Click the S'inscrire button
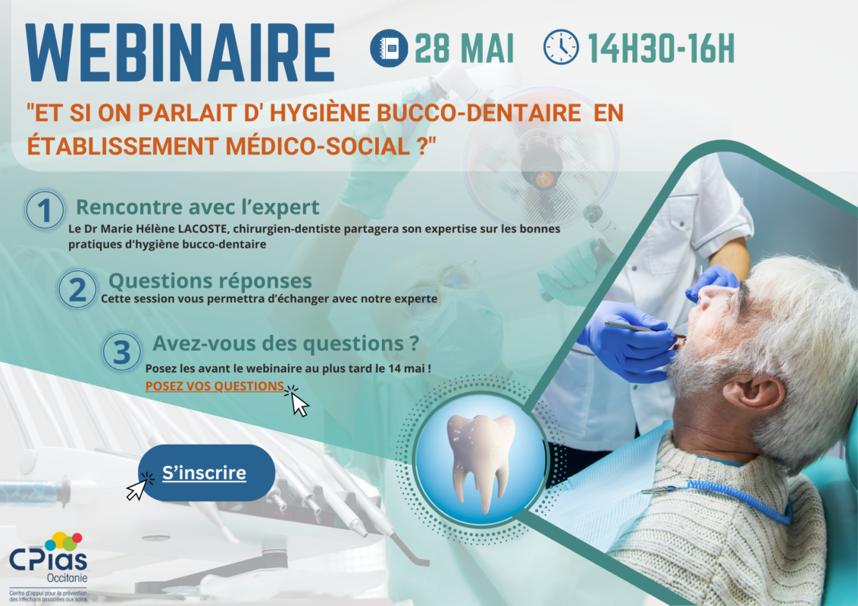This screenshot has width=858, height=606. pyautogui.click(x=206, y=473)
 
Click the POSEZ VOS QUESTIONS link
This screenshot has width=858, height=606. pyautogui.click(x=214, y=386)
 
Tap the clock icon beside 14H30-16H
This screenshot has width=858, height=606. pyautogui.click(x=561, y=48)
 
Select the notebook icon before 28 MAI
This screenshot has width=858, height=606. pyautogui.click(x=389, y=48)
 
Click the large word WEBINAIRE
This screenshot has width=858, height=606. pyautogui.click(x=180, y=53)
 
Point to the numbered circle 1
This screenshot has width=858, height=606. pyautogui.click(x=44, y=210)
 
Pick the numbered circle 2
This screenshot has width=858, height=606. pyautogui.click(x=77, y=289)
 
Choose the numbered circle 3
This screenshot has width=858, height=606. pyautogui.click(x=121, y=351)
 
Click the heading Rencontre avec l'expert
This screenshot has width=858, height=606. pyautogui.click(x=198, y=208)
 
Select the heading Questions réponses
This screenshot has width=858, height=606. pyautogui.click(x=210, y=280)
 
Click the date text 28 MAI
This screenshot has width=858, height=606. pyautogui.click(x=464, y=48)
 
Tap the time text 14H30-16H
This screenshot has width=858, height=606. pyautogui.click(x=661, y=48)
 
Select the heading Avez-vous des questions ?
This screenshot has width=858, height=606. pyautogui.click(x=286, y=343)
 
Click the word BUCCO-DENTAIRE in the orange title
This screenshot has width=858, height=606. pyautogui.click(x=479, y=113)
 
